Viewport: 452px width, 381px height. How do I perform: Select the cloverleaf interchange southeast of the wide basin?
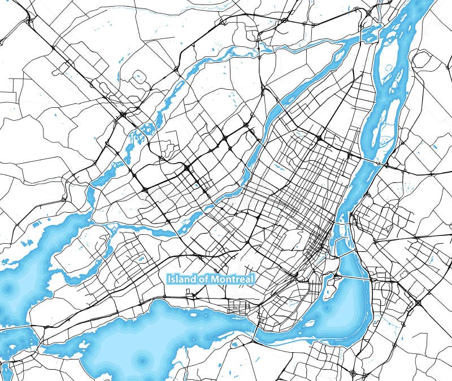(x=418, y=303)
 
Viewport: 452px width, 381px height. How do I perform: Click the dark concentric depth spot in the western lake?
(x=8, y=288)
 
